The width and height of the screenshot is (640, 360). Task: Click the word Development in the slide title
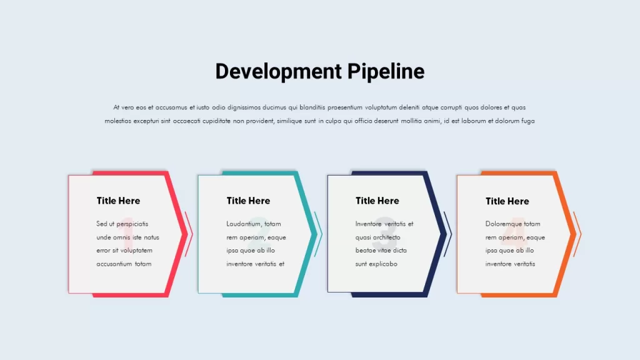(279, 72)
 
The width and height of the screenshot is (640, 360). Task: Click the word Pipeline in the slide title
(386, 72)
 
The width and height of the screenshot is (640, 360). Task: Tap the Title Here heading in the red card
(118, 201)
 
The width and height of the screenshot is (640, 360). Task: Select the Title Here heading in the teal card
(248, 201)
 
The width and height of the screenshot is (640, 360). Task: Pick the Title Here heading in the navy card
(377, 201)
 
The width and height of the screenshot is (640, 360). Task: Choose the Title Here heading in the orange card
(507, 201)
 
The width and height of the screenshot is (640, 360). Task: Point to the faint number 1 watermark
(127, 232)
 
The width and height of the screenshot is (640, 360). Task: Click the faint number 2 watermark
(258, 232)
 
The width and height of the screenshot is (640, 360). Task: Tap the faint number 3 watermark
(385, 232)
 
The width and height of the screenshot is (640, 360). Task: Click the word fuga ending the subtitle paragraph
(528, 121)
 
